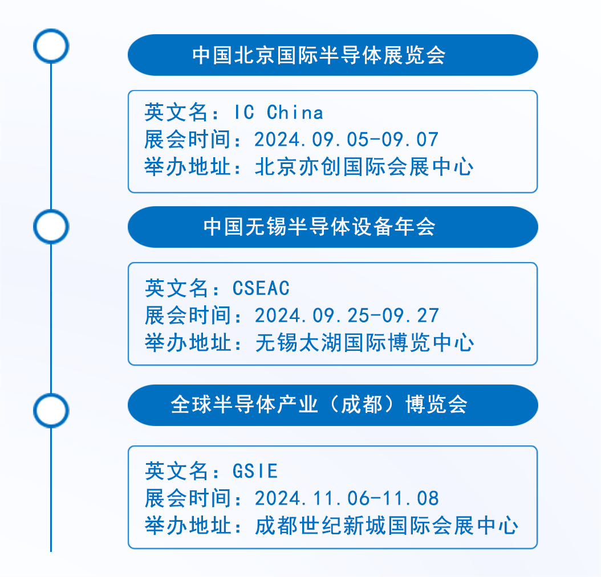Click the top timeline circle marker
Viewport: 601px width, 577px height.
pyautogui.click(x=51, y=46)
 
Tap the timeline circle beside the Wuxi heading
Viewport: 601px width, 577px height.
pyautogui.click(x=51, y=227)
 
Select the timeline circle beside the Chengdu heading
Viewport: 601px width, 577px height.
pyautogui.click(x=51, y=410)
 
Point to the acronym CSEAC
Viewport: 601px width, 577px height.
pyautogui.click(x=261, y=288)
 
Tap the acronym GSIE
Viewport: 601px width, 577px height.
pyautogui.click(x=255, y=471)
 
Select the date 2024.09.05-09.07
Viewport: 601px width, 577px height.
pyautogui.click(x=347, y=140)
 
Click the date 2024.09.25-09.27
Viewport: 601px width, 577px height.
pyautogui.click(x=347, y=316)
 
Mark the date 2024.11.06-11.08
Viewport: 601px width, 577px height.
pyautogui.click(x=347, y=498)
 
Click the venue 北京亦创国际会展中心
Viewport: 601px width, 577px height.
pyautogui.click(x=364, y=167)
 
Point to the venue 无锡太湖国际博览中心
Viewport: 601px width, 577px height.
pyautogui.click(x=364, y=343)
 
